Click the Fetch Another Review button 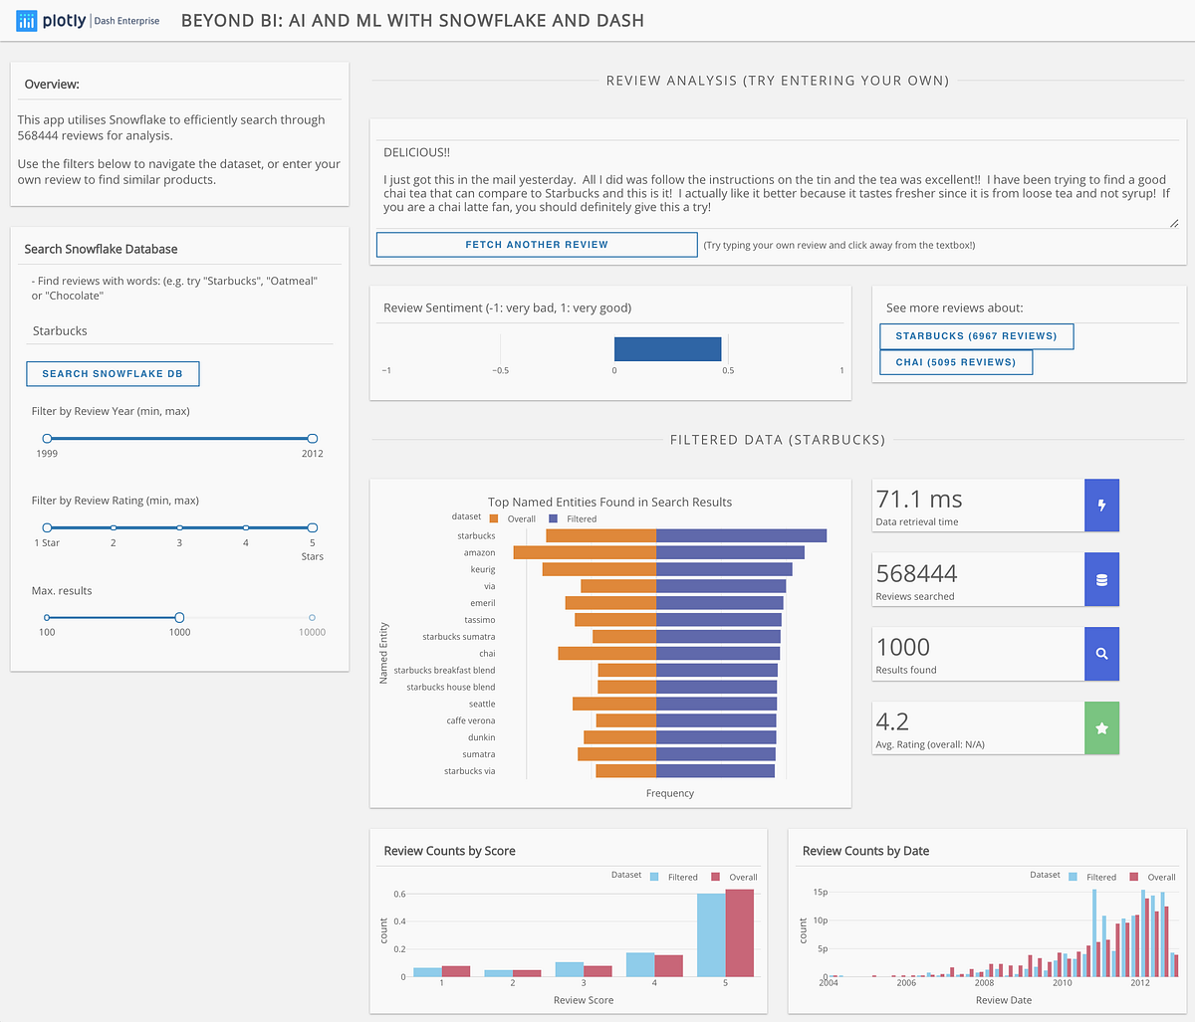(537, 245)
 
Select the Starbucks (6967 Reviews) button (976, 336)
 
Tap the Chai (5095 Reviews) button (955, 362)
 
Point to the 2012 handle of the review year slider (312, 438)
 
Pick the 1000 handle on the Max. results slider (179, 617)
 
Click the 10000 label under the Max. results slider (312, 632)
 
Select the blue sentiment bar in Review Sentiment (667, 348)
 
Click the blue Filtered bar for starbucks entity (741, 535)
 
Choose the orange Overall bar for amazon (585, 552)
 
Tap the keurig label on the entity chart (482, 569)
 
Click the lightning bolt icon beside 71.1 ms (1101, 506)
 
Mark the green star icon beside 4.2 (1101, 728)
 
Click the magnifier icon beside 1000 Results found (1101, 654)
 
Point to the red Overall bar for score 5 (739, 932)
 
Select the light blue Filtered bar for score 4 (640, 964)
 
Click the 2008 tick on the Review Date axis (984, 982)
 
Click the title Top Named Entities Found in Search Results (609, 503)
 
